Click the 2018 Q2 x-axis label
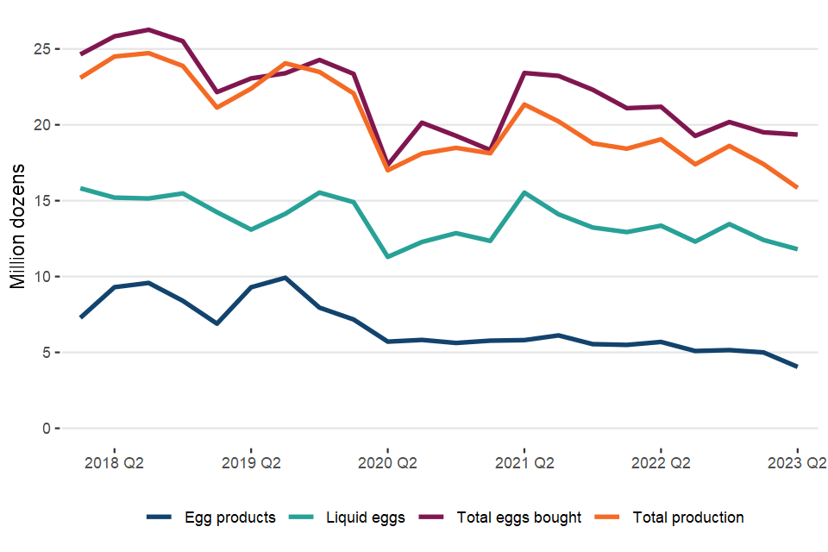click(114, 463)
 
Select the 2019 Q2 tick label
click(251, 463)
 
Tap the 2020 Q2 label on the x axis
click(387, 463)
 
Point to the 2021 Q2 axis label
click(524, 463)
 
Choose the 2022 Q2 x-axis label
click(661, 463)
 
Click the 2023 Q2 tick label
click(797, 463)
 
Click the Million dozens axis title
click(18, 226)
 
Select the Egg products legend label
click(229, 517)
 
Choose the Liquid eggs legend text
click(366, 517)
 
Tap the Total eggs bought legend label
click(517, 517)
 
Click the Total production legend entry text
click(688, 517)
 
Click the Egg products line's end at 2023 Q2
click(797, 367)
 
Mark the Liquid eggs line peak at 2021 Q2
click(524, 192)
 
